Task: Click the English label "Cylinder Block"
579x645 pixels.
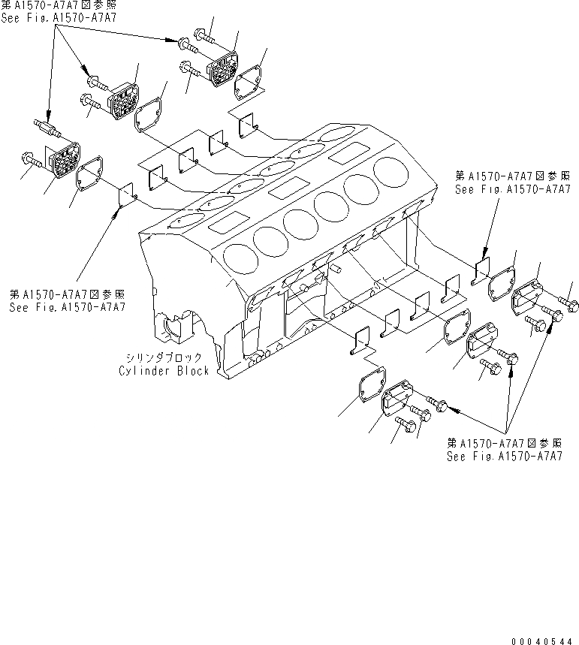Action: pyautogui.click(x=164, y=371)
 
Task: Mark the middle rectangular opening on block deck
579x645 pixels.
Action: pyautogui.click(x=285, y=188)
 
